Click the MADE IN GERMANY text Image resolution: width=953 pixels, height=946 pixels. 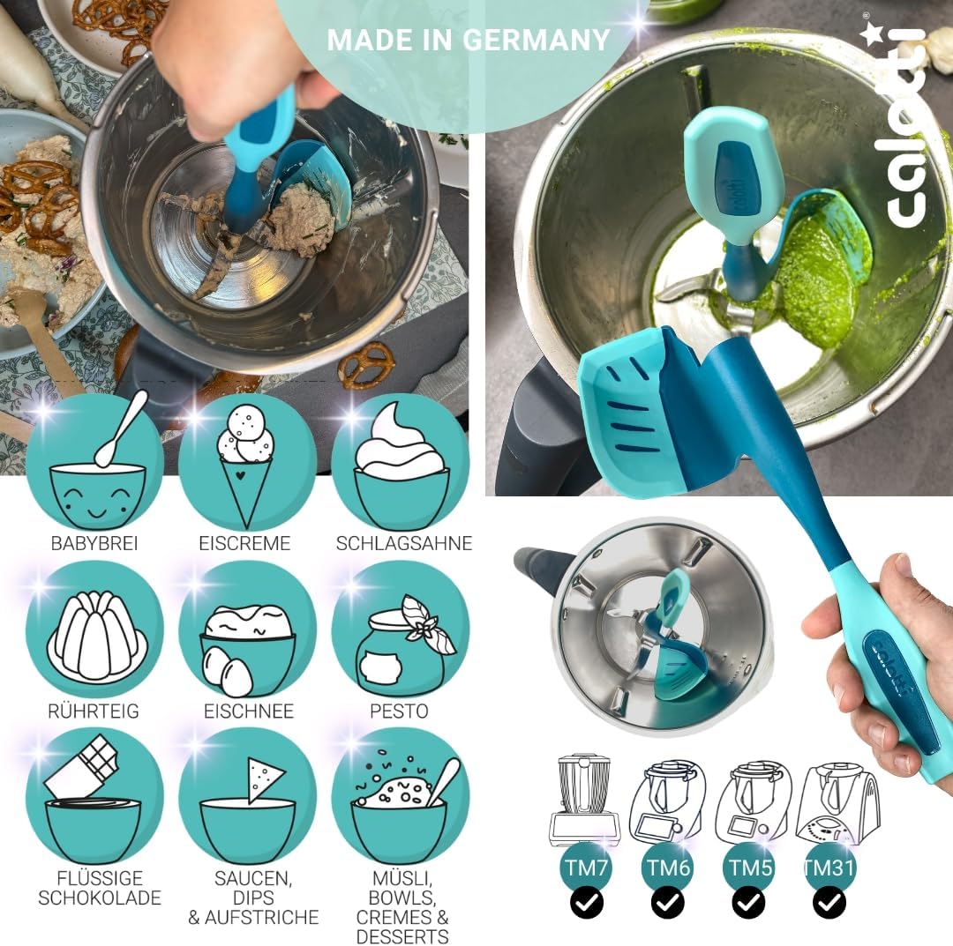click(469, 40)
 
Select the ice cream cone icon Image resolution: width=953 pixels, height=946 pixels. click(246, 462)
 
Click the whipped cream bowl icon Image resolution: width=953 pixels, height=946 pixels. click(401, 462)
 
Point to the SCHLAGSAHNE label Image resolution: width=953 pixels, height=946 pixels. click(403, 543)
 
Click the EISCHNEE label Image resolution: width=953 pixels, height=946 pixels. click(248, 711)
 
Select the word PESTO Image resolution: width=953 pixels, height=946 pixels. click(399, 711)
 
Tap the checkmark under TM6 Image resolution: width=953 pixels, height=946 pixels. click(667, 903)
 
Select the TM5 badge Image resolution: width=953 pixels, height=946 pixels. click(748, 867)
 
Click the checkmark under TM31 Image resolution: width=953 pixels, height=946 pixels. click(829, 903)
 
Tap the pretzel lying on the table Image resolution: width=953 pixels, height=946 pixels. click(366, 363)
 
